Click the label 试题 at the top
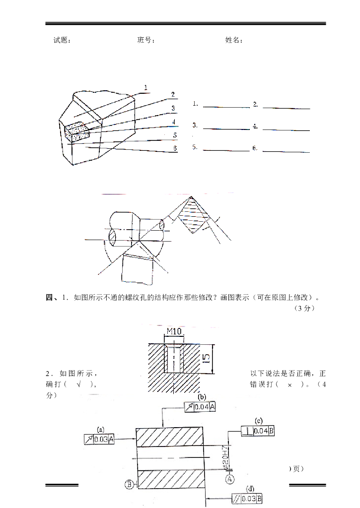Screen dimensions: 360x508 pyautogui.click(x=62, y=40)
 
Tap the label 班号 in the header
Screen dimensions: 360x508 pyautogui.click(x=145, y=40)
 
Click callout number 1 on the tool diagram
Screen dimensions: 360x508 pyautogui.click(x=146, y=88)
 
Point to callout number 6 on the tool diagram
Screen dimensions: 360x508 pyautogui.click(x=175, y=148)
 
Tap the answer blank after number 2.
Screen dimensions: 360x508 pyautogui.click(x=286, y=106)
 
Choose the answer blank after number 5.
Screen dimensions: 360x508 pyautogui.click(x=226, y=149)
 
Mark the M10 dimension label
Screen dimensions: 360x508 pyautogui.click(x=174, y=331)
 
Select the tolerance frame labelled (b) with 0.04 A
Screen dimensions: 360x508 pyautogui.click(x=200, y=407)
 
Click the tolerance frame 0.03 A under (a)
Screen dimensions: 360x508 pyautogui.click(x=99, y=439)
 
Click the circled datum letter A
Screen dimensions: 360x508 pyautogui.click(x=230, y=479)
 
